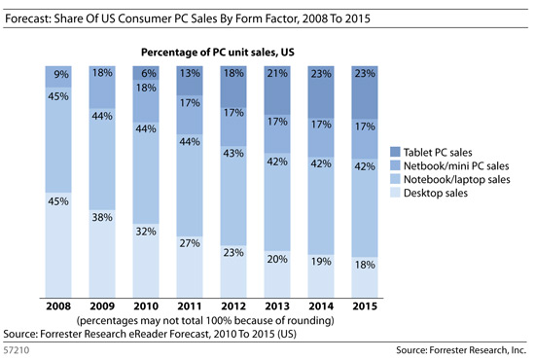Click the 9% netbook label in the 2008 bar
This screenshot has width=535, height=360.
pyautogui.click(x=59, y=73)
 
